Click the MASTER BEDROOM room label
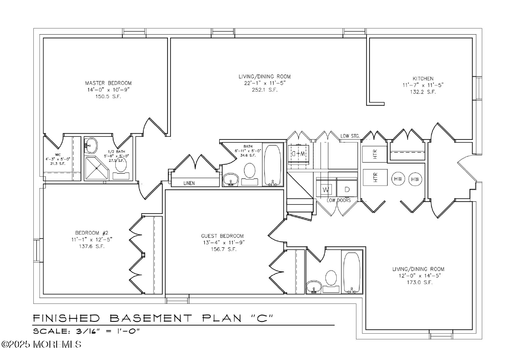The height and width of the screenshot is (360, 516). point(108,82)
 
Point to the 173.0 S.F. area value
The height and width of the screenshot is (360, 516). point(418,283)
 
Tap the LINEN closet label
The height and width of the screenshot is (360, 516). point(189,183)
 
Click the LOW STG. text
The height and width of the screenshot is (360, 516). point(350,136)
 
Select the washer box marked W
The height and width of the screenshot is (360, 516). point(326,190)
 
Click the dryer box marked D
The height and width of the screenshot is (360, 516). point(347,190)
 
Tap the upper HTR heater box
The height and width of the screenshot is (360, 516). point(375,154)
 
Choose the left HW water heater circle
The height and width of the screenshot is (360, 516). point(398,179)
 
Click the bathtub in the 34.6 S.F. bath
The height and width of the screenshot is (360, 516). point(274,165)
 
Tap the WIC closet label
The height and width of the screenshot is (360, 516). point(57,155)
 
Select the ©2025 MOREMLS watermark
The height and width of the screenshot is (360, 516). point(42,345)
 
